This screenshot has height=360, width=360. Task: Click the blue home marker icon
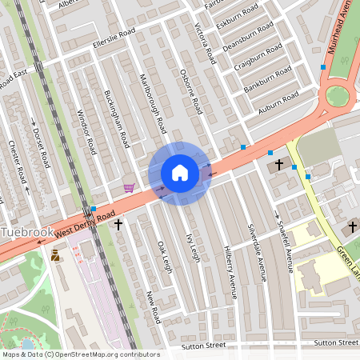(x=179, y=173)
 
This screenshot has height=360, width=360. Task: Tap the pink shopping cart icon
(x=129, y=188)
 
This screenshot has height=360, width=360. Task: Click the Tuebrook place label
(x=28, y=232)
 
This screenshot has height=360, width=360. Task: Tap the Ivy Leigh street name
(x=193, y=249)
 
